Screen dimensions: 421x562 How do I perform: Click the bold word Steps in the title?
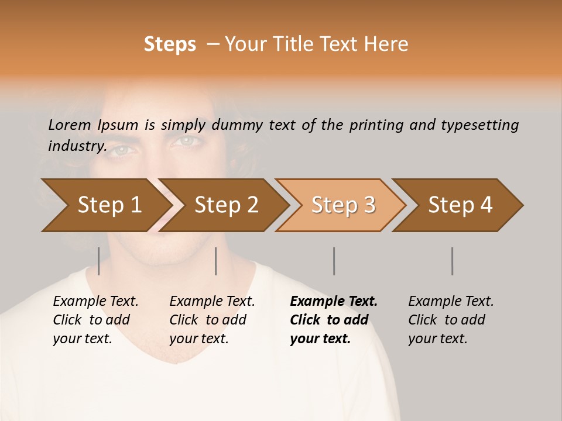click(170, 44)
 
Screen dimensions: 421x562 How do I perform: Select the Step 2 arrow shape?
click(226, 205)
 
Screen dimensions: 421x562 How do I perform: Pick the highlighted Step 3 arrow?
click(343, 205)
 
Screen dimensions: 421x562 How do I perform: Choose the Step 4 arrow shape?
click(460, 205)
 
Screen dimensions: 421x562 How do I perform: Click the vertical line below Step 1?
click(99, 261)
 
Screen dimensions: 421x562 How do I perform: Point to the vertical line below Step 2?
click(216, 261)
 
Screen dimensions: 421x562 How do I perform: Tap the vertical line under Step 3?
click(334, 261)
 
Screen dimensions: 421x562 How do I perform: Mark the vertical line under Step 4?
click(452, 261)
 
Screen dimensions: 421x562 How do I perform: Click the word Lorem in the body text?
click(70, 125)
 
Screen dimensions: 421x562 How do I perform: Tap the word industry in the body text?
click(77, 146)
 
